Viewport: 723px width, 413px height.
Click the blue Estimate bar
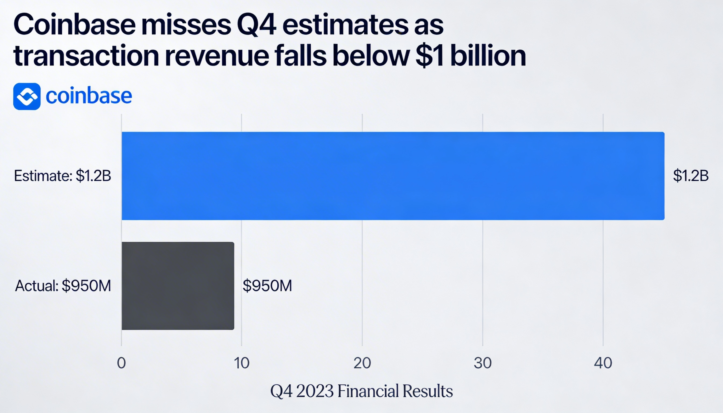(x=393, y=176)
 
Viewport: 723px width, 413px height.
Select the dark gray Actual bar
(x=178, y=286)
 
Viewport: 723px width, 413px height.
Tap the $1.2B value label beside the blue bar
(x=691, y=176)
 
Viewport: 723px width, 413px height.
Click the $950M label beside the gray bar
(x=267, y=286)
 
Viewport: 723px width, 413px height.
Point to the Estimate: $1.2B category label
(x=62, y=176)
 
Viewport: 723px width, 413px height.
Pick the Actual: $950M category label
(x=63, y=286)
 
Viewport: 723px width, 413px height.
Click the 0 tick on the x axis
(x=121, y=363)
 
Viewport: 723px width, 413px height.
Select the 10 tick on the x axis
(x=241, y=363)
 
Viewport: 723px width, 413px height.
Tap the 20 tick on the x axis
(x=362, y=363)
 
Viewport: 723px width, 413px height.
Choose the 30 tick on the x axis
(x=483, y=363)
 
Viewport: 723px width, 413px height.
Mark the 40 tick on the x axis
(x=603, y=363)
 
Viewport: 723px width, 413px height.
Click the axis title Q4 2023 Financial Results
(x=361, y=391)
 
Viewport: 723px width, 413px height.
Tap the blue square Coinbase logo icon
(x=27, y=97)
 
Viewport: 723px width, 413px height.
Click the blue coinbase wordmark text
(x=89, y=96)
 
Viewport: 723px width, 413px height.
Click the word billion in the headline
(x=488, y=56)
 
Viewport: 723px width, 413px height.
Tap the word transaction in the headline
(x=86, y=56)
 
